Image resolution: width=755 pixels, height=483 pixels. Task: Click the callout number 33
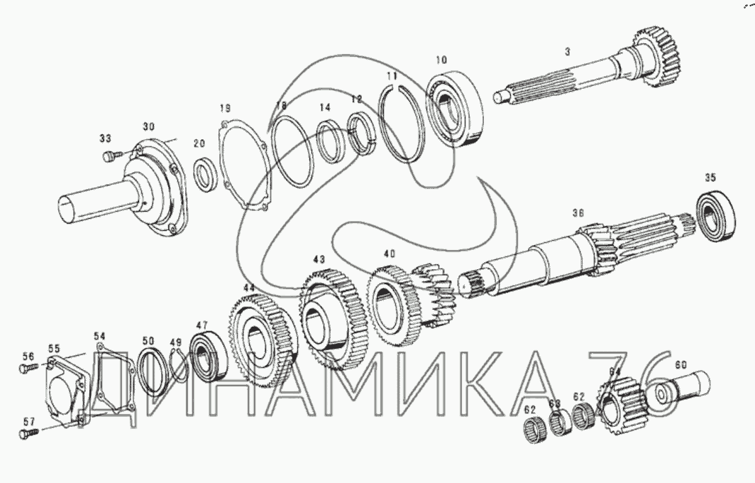[x=105, y=138]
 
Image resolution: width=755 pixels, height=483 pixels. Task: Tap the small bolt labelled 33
[x=109, y=156]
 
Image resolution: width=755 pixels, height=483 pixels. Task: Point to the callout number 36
[x=578, y=212]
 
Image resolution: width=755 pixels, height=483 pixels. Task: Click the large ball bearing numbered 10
[x=455, y=109]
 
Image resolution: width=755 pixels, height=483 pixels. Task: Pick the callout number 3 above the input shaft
[x=567, y=51]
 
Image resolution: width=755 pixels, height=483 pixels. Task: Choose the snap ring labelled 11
[x=402, y=124]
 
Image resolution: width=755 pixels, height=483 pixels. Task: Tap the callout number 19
[x=225, y=108]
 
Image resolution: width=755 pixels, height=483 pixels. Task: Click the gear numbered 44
[x=256, y=333]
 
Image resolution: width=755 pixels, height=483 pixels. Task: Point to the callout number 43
[x=319, y=260]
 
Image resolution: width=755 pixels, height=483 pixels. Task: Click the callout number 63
[x=554, y=403]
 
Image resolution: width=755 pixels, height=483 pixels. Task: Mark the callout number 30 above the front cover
[x=148, y=126]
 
